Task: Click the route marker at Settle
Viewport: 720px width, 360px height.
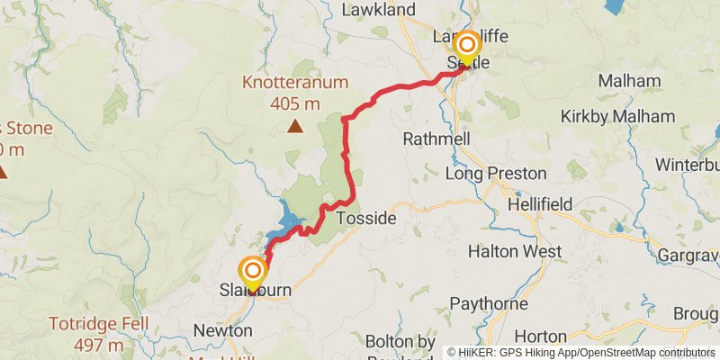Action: coord(467,46)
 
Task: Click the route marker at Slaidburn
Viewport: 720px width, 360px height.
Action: coord(254,271)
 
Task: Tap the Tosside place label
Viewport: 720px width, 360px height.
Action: coord(365,218)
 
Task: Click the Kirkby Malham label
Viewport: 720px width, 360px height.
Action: coord(617,116)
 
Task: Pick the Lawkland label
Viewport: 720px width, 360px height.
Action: coord(379,10)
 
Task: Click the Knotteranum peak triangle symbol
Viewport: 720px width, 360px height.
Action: coord(294,127)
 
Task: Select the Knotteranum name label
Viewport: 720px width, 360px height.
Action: coord(294,84)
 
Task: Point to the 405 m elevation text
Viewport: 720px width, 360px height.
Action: coord(294,103)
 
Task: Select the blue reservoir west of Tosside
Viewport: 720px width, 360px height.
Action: coord(292,219)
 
